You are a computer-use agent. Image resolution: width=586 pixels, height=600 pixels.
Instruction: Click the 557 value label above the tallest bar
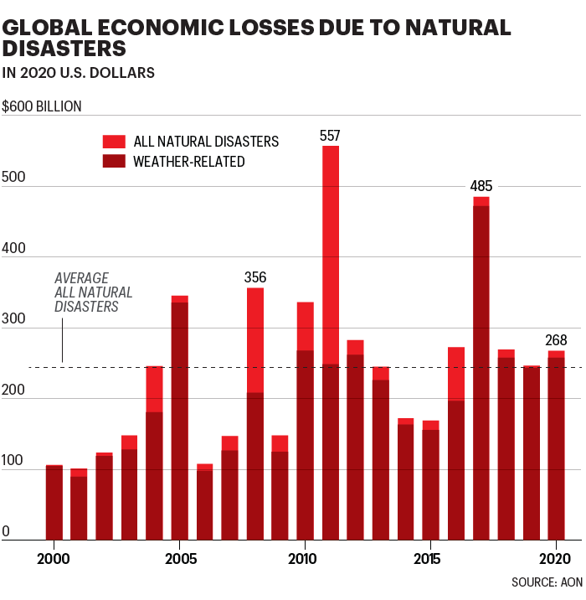(x=331, y=136)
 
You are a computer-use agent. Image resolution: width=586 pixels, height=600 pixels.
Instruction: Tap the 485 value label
(x=481, y=186)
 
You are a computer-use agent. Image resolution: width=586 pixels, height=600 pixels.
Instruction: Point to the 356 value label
(x=255, y=277)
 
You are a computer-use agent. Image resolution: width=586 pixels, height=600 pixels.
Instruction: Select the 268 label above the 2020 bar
(x=557, y=340)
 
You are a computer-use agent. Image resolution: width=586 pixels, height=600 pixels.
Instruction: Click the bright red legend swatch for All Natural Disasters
(x=114, y=142)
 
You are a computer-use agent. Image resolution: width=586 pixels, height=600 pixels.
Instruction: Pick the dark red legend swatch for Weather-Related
(x=114, y=161)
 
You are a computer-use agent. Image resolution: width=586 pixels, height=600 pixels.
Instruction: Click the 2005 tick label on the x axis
(x=179, y=558)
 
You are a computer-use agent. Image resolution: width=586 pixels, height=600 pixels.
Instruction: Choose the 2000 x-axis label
(x=54, y=558)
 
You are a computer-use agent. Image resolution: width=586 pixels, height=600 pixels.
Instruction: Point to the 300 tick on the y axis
(x=14, y=323)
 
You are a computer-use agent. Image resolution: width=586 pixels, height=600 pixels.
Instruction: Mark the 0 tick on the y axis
(x=6, y=532)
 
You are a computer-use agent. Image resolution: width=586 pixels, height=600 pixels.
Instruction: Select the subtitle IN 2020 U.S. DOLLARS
(x=79, y=73)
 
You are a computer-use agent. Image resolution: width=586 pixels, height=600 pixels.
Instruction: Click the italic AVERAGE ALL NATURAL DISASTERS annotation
(x=94, y=292)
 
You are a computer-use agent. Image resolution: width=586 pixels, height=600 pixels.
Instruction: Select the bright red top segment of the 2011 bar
(x=331, y=251)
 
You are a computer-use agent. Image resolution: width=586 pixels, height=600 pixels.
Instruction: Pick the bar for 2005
(x=179, y=419)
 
